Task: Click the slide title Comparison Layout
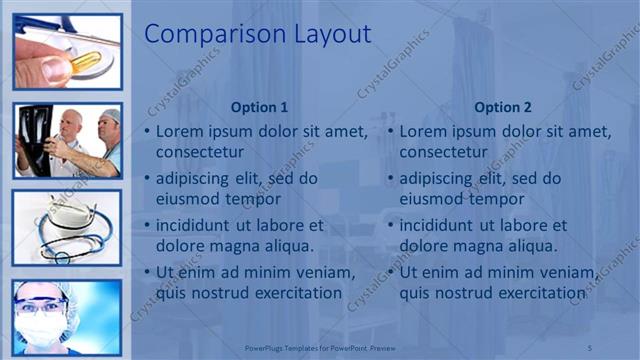point(258,34)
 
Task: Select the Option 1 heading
point(259,107)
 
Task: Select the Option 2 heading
point(503,107)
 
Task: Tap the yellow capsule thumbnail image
point(68,50)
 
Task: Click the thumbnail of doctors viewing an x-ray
point(68,140)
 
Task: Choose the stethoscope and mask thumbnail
point(68,228)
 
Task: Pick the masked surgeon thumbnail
point(68,315)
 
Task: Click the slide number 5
point(590,346)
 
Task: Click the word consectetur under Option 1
point(204,152)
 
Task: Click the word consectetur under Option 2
point(448,152)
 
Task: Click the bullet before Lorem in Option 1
point(148,132)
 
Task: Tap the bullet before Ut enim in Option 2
point(392,273)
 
